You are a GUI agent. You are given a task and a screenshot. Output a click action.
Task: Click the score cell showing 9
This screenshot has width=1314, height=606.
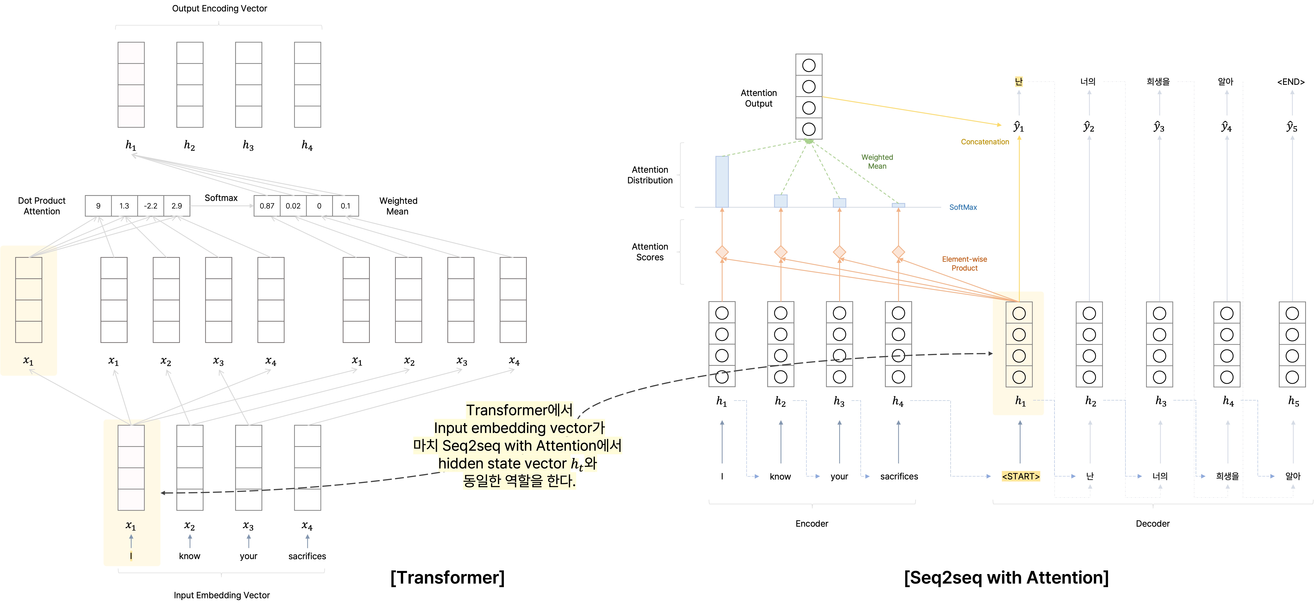tap(98, 206)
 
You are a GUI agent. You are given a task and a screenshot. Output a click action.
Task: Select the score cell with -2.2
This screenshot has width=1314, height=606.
tap(150, 206)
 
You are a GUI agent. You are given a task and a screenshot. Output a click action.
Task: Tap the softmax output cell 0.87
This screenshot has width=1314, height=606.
tap(267, 206)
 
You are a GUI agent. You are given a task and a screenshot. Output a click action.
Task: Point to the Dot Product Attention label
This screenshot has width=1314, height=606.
tap(42, 206)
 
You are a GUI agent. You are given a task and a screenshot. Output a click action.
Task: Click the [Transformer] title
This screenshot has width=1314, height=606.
tap(447, 577)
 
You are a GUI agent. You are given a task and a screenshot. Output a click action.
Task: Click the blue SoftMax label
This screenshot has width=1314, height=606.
tap(963, 207)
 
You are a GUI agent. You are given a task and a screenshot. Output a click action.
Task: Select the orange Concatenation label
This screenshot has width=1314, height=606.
tap(984, 142)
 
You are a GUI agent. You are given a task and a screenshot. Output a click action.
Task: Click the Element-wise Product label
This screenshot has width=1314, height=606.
tap(964, 263)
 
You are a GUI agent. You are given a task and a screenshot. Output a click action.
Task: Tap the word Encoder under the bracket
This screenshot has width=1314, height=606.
tap(812, 523)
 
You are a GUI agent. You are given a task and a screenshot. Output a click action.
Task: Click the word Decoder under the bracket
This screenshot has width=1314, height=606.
tap(1152, 523)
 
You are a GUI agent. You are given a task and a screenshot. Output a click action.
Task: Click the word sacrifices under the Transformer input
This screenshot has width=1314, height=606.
tap(307, 556)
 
